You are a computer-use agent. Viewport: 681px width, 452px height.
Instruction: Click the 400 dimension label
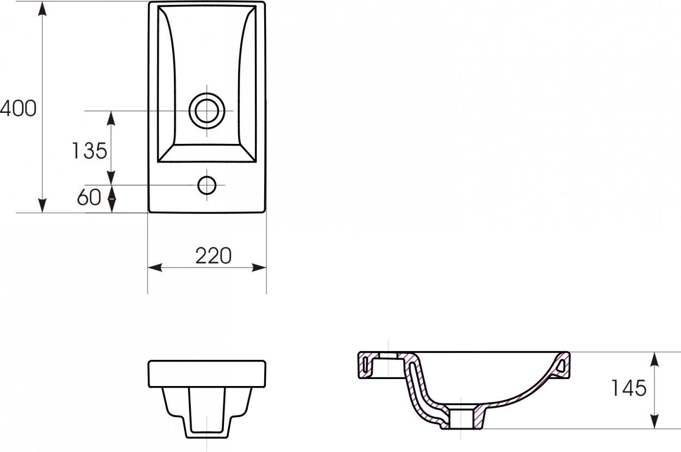pos(18,109)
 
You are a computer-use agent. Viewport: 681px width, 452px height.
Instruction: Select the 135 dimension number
pos(89,151)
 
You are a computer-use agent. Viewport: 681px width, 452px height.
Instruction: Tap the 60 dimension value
pos(89,197)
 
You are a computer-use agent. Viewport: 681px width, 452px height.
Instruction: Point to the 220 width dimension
pos(214,256)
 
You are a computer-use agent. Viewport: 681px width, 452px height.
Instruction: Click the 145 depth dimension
pos(629,388)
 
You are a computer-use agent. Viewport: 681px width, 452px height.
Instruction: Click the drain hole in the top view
pos(206,111)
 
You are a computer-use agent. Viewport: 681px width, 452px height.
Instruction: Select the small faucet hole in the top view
pos(206,185)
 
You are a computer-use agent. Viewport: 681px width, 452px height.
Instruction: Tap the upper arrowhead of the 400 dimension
pos(42,9)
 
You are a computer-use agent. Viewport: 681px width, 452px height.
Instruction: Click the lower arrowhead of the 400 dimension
pos(42,206)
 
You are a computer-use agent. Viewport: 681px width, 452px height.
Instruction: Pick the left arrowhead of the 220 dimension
pos(155,268)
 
